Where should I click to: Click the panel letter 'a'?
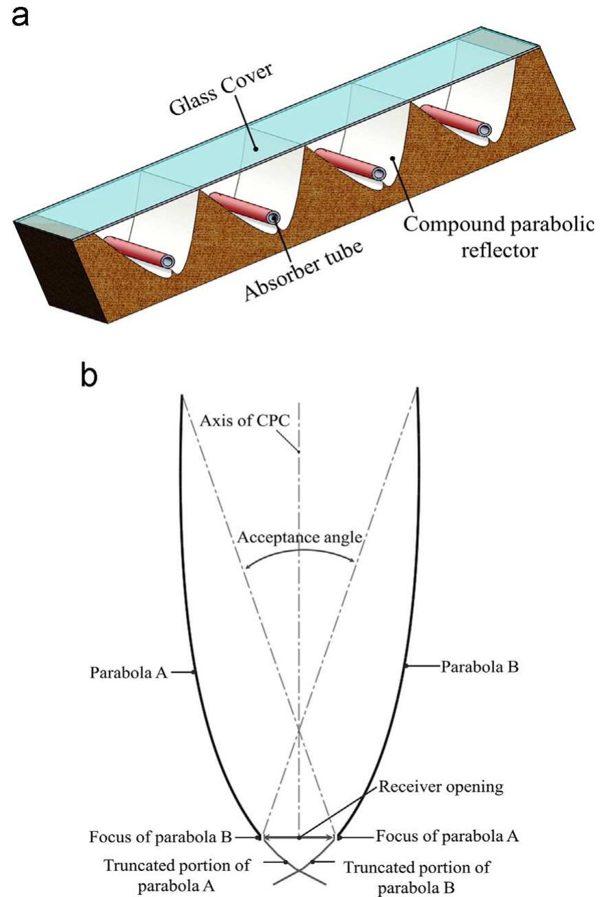(x=22, y=14)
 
